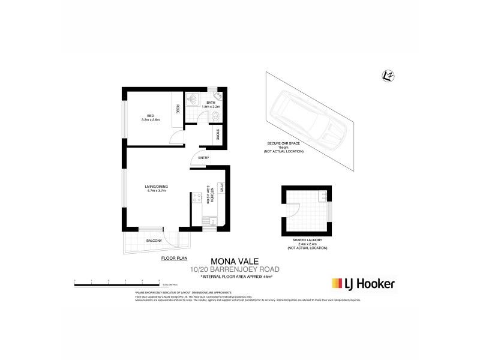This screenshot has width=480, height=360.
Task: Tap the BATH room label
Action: point(211,103)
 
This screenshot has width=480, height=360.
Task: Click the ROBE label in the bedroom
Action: point(178,109)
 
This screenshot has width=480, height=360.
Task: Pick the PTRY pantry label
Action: point(221,187)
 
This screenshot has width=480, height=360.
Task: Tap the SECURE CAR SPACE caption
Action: point(284,145)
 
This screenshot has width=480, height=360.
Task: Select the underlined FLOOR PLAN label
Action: point(174,259)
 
